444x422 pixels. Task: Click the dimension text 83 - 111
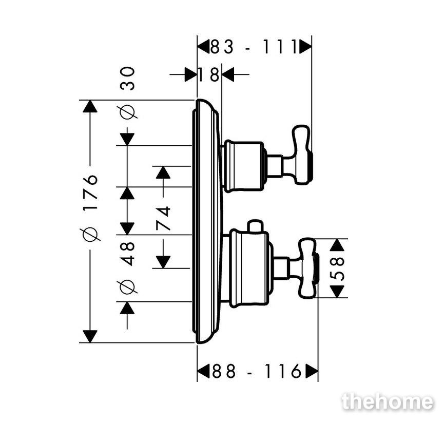pos(254,47)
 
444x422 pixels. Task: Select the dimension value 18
pos(209,75)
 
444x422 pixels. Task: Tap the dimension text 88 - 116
pos(257,371)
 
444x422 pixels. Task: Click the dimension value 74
pos(163,218)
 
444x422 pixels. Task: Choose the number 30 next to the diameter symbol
pos(127,79)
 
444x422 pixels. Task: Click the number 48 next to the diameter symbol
pos(127,254)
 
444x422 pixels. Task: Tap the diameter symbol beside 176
pos(91,231)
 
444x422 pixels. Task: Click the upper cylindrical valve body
pos(243,166)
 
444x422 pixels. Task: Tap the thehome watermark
pos(388,401)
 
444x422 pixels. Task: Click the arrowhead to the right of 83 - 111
pos(305,46)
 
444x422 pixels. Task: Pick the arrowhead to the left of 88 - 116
pos(203,371)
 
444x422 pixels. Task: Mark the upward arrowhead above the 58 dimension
pos(337,245)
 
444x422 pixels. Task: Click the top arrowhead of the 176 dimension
pos(90,106)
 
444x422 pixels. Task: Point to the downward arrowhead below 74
pos(163,262)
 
